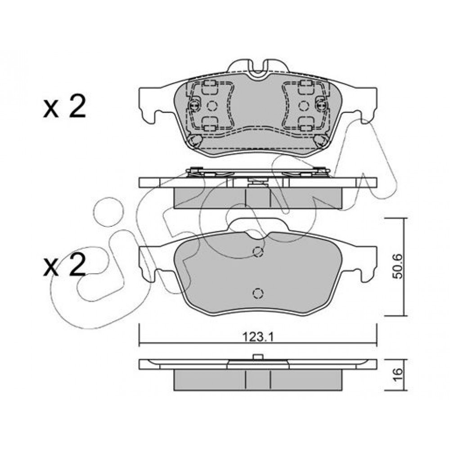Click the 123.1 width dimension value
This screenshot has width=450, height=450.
click(258, 336)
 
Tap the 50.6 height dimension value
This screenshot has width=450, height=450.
click(398, 266)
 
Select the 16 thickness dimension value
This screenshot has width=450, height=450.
click(398, 375)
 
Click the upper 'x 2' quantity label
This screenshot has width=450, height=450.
click(64, 107)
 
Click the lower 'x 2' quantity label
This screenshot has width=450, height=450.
click(64, 265)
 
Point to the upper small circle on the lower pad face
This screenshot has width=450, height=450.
click(258, 252)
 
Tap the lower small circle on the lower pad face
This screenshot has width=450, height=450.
click(258, 293)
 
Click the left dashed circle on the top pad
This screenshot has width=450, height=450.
click(212, 106)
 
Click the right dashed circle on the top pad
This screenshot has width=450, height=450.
click(303, 106)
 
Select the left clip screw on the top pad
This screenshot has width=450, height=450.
click(194, 106)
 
